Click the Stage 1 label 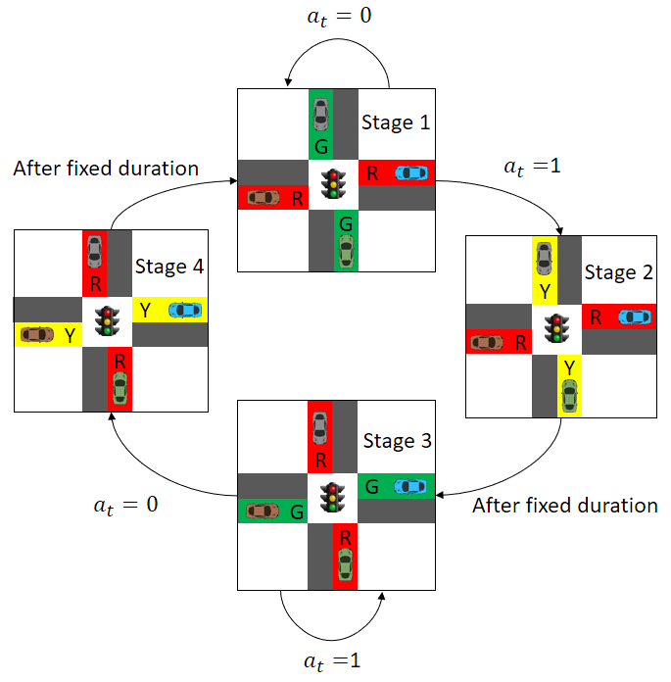(x=396, y=122)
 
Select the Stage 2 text (x=618, y=272)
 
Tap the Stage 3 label (x=397, y=441)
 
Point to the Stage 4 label (x=169, y=266)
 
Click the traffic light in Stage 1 (x=335, y=183)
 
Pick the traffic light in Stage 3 (x=335, y=498)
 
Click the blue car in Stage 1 (x=411, y=173)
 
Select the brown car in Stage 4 (x=37, y=334)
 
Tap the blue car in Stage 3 (x=410, y=486)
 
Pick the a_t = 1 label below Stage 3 (x=334, y=660)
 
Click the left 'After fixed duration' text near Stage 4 (x=106, y=169)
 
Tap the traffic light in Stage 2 (x=557, y=327)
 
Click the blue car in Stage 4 (x=185, y=310)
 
